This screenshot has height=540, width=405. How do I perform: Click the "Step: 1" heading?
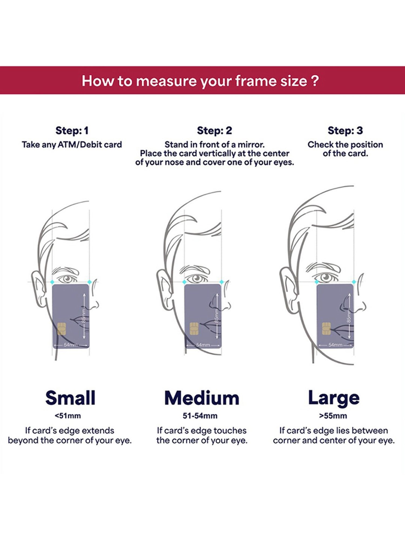(72, 131)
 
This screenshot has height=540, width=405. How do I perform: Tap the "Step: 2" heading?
(214, 131)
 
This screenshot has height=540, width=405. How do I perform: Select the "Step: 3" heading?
(345, 131)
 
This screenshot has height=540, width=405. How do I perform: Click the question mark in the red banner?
(315, 80)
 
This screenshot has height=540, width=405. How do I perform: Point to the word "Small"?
(70, 398)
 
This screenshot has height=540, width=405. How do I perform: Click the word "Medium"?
(202, 398)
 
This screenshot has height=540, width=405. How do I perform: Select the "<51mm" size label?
(67, 416)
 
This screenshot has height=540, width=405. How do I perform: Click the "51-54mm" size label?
(200, 416)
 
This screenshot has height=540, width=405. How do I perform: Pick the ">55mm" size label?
(333, 416)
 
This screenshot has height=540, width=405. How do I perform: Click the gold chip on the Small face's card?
(62, 329)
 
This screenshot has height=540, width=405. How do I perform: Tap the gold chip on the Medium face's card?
(194, 329)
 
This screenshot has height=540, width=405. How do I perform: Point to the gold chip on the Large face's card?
(326, 329)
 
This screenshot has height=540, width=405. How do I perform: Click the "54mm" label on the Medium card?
(203, 345)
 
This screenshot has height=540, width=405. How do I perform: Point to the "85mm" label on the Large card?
(349, 315)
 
